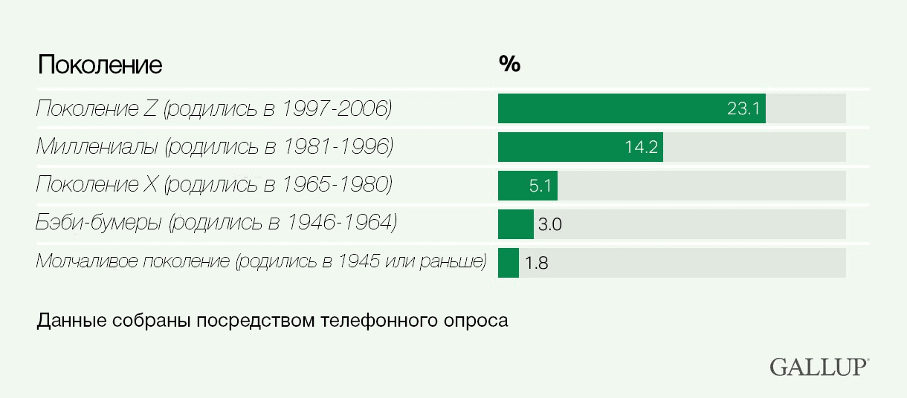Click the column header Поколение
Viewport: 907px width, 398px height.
coord(100,65)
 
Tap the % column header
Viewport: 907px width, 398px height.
coord(509,65)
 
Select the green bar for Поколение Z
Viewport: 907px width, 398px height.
coord(610,108)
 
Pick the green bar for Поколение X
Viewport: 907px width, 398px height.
coord(513,186)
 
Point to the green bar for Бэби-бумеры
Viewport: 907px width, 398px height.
coord(515,224)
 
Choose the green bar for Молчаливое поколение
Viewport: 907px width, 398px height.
coord(508,263)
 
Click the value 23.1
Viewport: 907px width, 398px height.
coord(743,109)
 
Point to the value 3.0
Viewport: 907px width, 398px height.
coord(549,225)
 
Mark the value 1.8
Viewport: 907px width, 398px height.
coord(536,264)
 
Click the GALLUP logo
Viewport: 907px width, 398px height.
coord(819,366)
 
